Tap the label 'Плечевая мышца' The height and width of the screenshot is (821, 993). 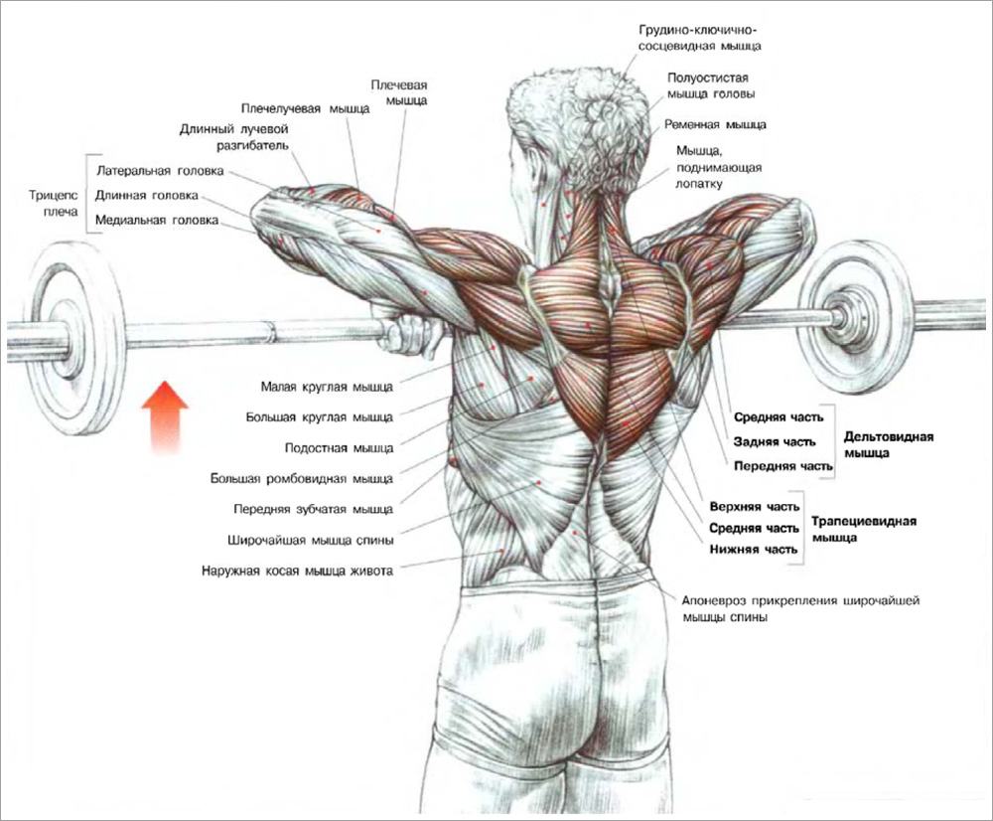406,92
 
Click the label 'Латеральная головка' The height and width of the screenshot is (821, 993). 160,171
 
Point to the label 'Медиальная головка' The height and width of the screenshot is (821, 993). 157,220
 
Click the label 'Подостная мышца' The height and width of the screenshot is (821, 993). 339,448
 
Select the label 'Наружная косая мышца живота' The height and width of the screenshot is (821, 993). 297,572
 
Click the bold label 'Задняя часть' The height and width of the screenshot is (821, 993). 775,442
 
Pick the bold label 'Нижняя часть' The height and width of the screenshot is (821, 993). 754,550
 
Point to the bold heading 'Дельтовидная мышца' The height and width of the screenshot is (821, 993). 889,443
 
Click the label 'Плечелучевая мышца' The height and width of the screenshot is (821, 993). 305,108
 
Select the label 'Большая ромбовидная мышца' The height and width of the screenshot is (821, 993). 302,479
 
